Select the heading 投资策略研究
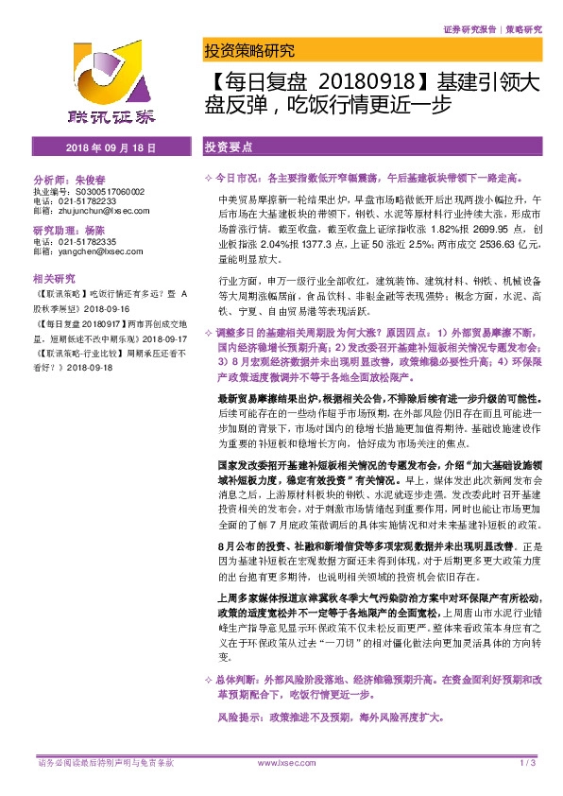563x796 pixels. click(249, 51)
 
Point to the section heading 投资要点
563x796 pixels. click(227, 149)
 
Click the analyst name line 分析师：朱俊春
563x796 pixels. click(72, 179)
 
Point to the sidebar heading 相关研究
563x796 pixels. click(54, 280)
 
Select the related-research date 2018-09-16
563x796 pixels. click(107, 308)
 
